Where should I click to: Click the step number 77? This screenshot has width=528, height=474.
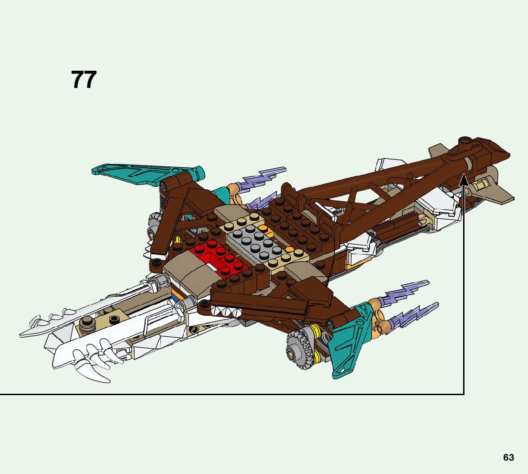(x=84, y=80)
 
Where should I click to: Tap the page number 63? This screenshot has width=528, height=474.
(x=508, y=457)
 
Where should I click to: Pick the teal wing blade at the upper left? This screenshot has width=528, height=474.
(x=143, y=172)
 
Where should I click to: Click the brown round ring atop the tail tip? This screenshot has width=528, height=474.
(x=466, y=142)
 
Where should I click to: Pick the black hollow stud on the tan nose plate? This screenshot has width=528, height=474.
(x=114, y=319)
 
